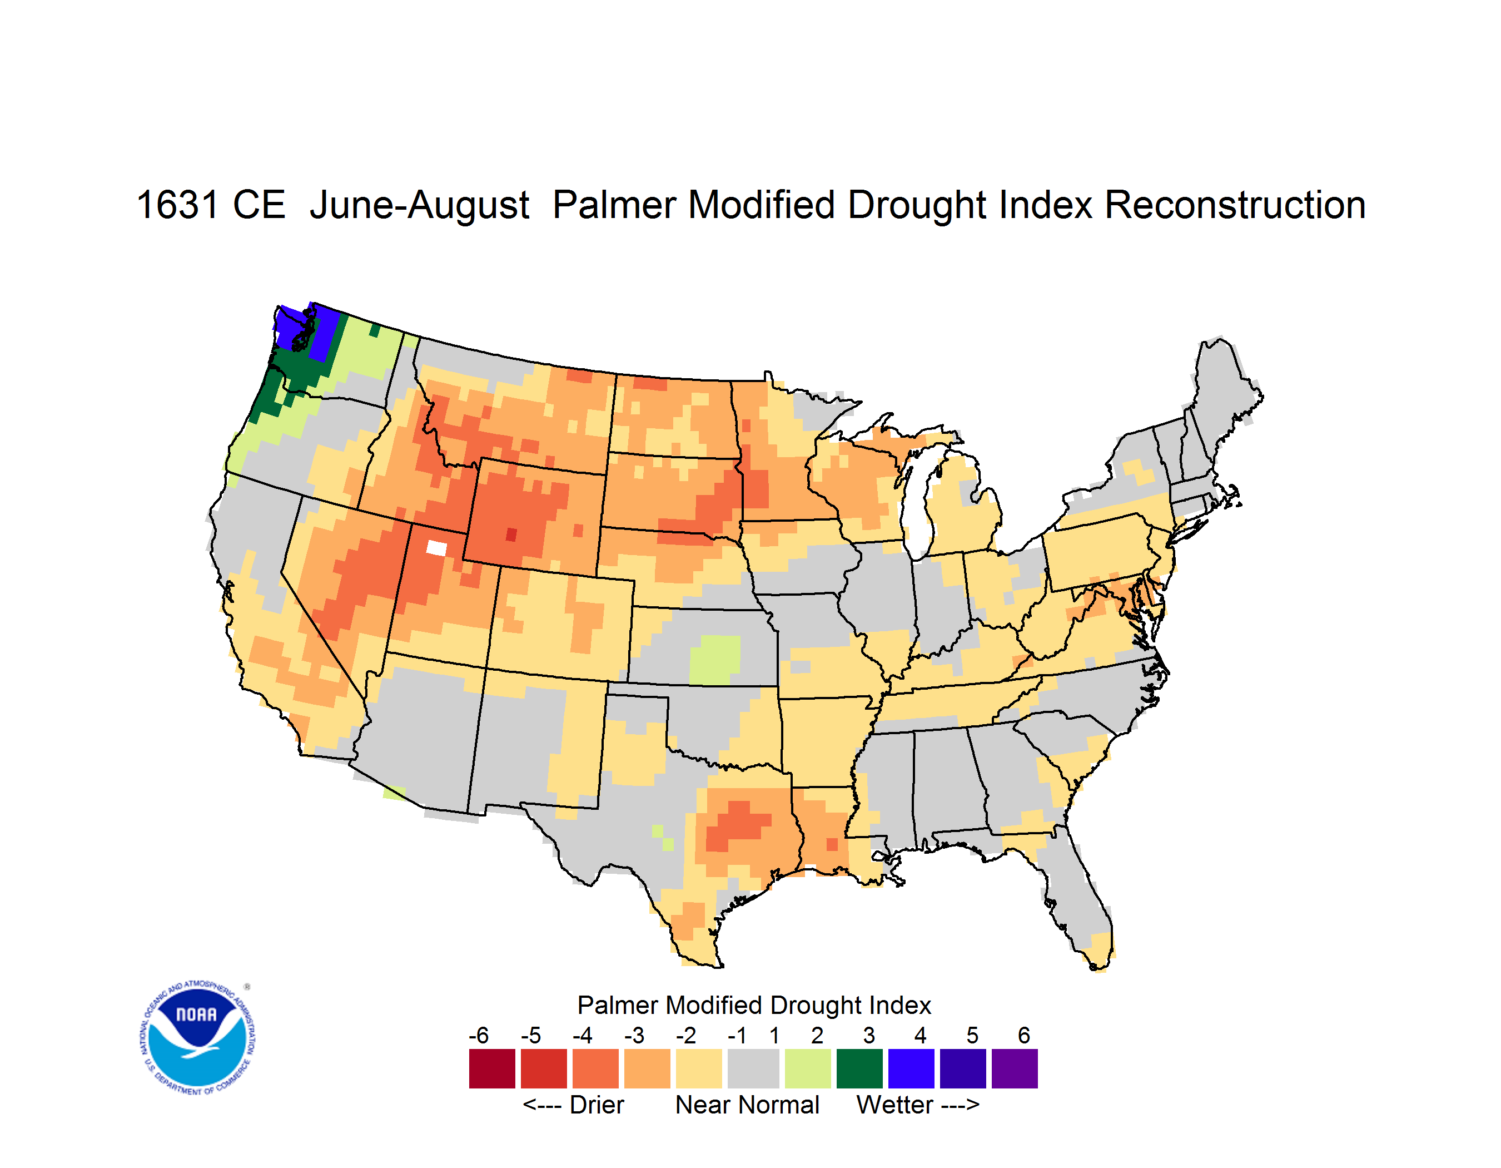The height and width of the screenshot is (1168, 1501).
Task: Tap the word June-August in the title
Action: click(419, 206)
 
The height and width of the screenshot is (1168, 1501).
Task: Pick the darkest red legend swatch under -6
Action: click(492, 1068)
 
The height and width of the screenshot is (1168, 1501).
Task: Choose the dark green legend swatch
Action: click(859, 1068)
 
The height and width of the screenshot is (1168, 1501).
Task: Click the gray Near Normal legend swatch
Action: click(753, 1068)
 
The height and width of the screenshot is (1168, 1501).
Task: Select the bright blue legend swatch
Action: click(911, 1068)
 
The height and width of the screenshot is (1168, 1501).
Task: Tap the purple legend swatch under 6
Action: click(1015, 1068)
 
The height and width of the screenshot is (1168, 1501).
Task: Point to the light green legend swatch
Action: click(808, 1068)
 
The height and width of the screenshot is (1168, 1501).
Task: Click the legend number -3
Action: click(634, 1035)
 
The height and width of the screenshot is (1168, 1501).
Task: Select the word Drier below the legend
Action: click(597, 1105)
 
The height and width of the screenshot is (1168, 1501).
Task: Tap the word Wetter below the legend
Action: click(895, 1105)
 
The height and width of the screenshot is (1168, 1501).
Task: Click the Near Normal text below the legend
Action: click(747, 1105)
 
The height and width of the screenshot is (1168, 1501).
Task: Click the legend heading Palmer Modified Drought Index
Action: click(754, 1005)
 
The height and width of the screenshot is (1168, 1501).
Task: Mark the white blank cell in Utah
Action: click(436, 548)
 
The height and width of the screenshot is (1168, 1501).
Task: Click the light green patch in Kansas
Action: click(715, 659)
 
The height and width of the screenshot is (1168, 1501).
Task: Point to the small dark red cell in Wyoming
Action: click(511, 534)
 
